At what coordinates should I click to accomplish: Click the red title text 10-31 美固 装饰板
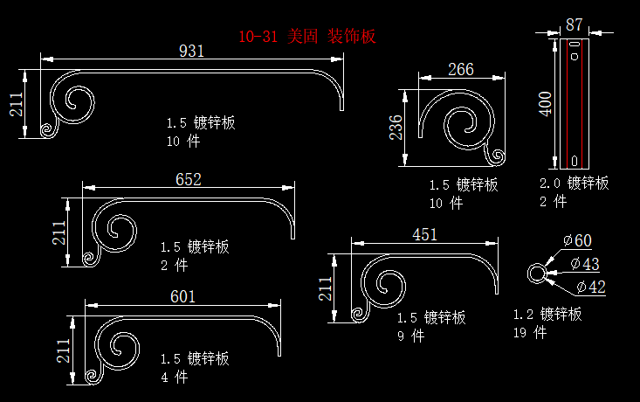tap(307, 37)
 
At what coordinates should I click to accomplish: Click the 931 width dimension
tap(191, 51)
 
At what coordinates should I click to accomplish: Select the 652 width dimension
tap(189, 180)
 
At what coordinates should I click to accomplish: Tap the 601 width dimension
tap(182, 297)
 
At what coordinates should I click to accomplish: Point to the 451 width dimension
tap(424, 234)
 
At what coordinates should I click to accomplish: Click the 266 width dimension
tap(461, 70)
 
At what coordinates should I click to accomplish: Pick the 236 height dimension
tap(396, 128)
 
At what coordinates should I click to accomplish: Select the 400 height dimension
tap(546, 103)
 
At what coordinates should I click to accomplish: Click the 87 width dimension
tap(575, 24)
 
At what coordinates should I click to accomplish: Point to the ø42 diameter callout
tap(590, 287)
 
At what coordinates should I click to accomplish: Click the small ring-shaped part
tap(536, 274)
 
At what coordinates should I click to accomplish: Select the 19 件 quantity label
tap(530, 332)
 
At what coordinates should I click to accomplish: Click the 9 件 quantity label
tap(410, 336)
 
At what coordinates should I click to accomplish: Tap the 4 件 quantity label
tap(174, 378)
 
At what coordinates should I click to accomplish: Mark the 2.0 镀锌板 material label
tap(574, 184)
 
